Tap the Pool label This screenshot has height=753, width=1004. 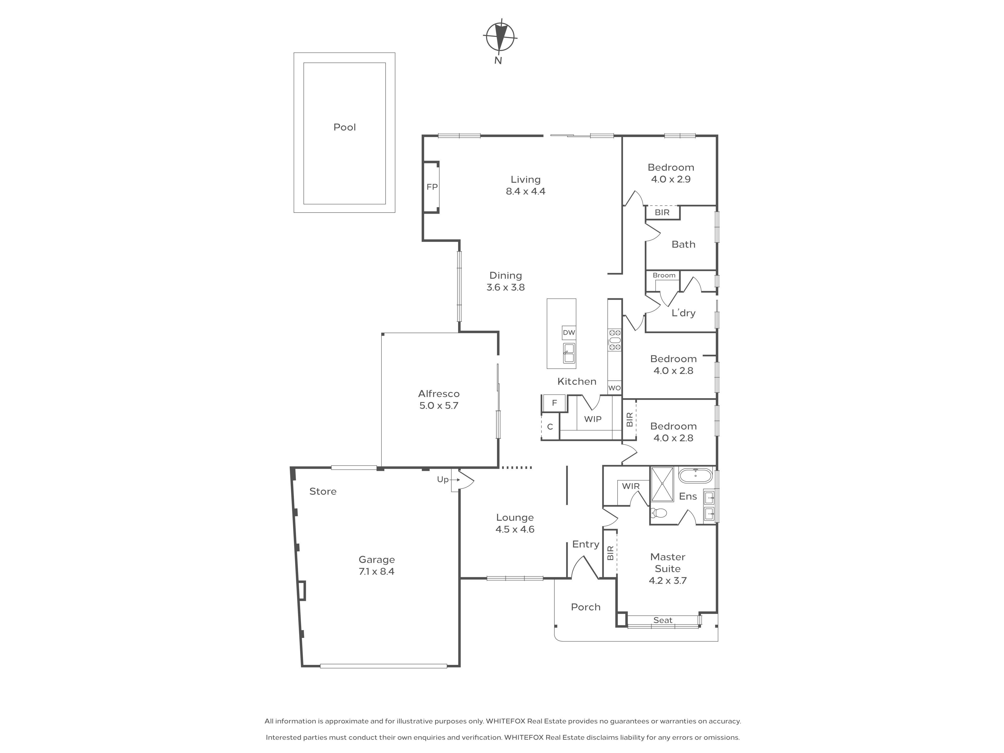[x=345, y=127]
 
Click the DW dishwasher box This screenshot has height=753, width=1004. [x=569, y=332]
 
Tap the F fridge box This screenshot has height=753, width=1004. [x=554, y=403]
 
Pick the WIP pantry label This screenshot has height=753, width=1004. [x=592, y=419]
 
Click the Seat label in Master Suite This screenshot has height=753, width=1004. [x=663, y=620]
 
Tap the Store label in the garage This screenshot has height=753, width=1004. [x=323, y=491]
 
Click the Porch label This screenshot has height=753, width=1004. [x=585, y=607]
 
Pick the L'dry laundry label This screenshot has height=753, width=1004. [x=683, y=313]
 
